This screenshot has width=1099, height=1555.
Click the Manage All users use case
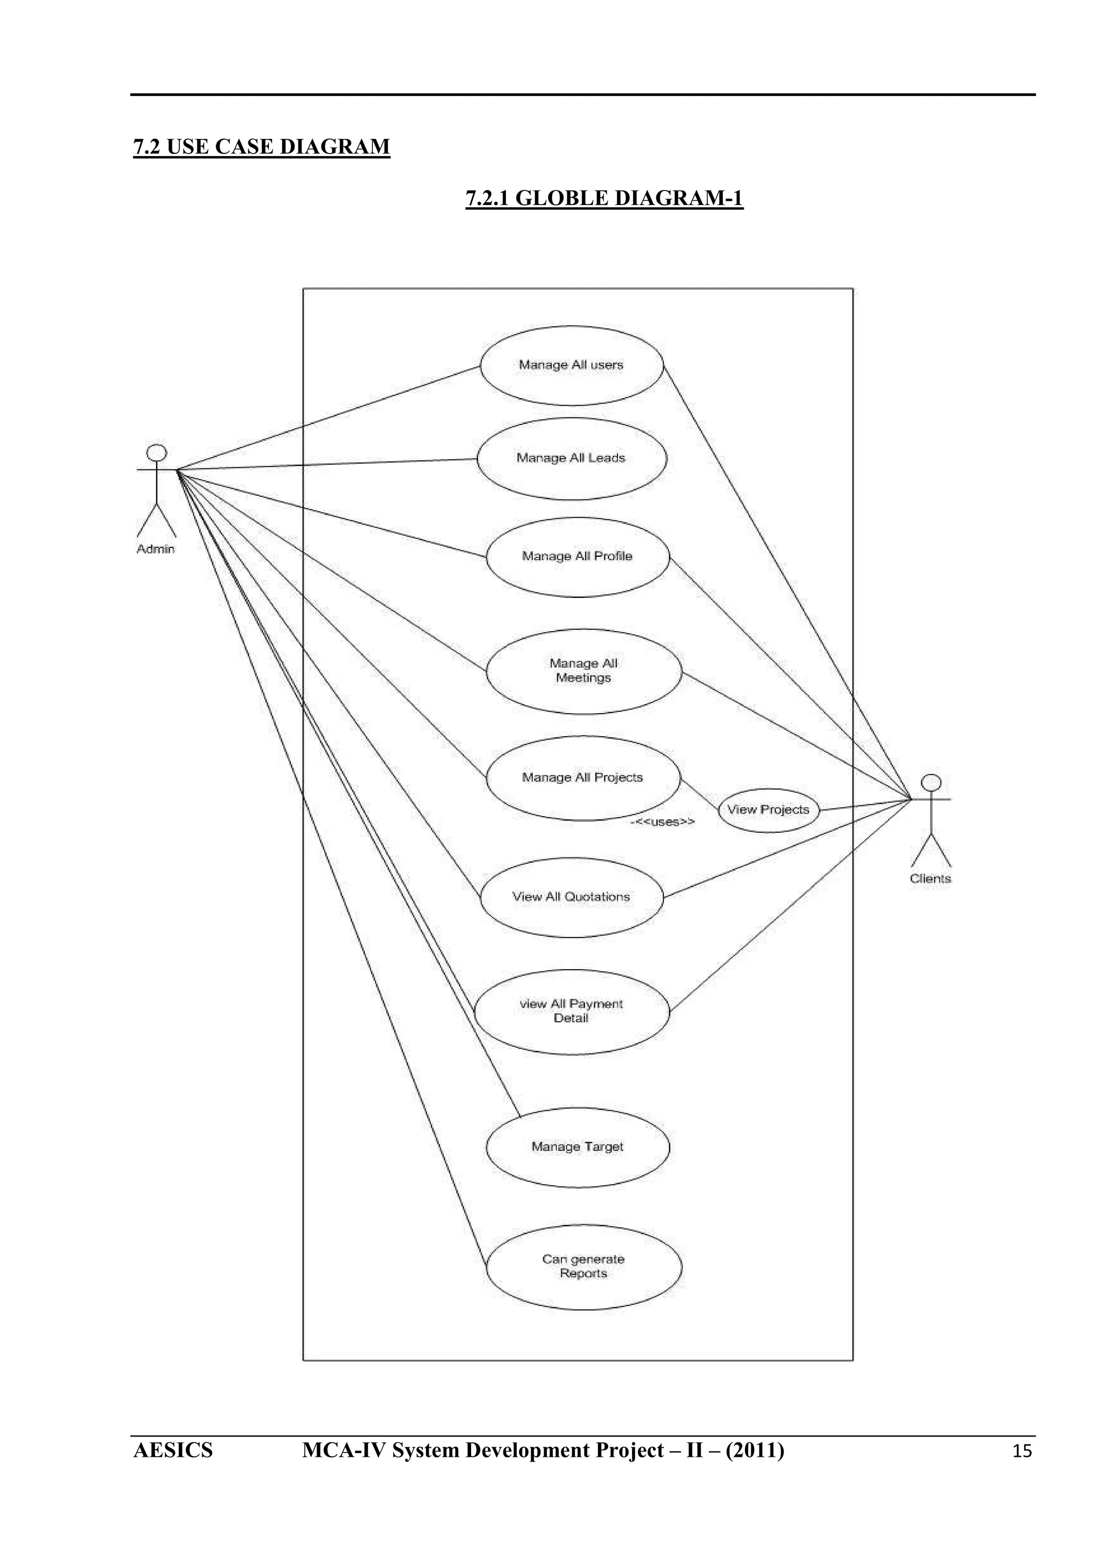pyautogui.click(x=572, y=366)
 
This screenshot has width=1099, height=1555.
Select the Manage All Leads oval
pyautogui.click(x=572, y=459)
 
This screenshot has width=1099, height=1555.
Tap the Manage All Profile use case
pyautogui.click(x=577, y=557)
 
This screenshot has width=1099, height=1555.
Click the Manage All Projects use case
pyautogui.click(x=582, y=778)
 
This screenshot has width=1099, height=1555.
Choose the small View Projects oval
pyautogui.click(x=768, y=810)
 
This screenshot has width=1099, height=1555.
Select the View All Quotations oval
pyautogui.click(x=572, y=897)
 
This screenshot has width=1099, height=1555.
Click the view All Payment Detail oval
pyautogui.click(x=572, y=1011)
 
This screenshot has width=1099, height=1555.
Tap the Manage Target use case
pyautogui.click(x=577, y=1147)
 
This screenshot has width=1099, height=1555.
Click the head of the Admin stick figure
pyautogui.click(x=157, y=452)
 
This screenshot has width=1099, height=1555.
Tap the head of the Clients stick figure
pyautogui.click(x=932, y=782)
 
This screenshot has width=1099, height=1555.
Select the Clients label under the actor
pyautogui.click(x=931, y=879)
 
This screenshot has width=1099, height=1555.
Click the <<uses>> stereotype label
pyautogui.click(x=663, y=822)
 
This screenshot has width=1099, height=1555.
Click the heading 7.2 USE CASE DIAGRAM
pyautogui.click(x=261, y=147)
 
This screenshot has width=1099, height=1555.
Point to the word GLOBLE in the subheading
pyautogui.click(x=565, y=199)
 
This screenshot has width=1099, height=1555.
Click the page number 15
pyautogui.click(x=1022, y=1451)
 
